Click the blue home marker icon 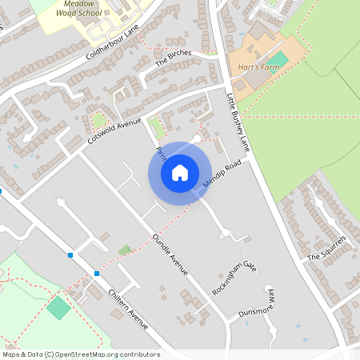point(180,173)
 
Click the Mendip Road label point(222,175)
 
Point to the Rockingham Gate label point(233,278)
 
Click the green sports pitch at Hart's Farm point(277,59)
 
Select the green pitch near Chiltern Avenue point(58,308)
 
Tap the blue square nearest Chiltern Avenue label point(96,274)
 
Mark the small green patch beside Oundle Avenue point(124,250)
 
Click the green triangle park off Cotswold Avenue point(99,121)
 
